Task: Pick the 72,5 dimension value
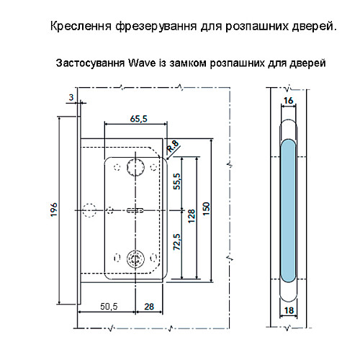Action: pyautogui.click(x=177, y=243)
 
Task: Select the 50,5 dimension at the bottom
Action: pyautogui.click(x=109, y=306)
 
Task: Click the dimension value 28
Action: pyautogui.click(x=148, y=306)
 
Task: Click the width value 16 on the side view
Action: pyautogui.click(x=288, y=101)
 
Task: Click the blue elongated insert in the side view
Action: pyautogui.click(x=288, y=209)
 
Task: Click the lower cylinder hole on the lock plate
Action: pyautogui.click(x=134, y=259)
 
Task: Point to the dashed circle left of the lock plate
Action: pyautogui.click(x=90, y=210)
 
